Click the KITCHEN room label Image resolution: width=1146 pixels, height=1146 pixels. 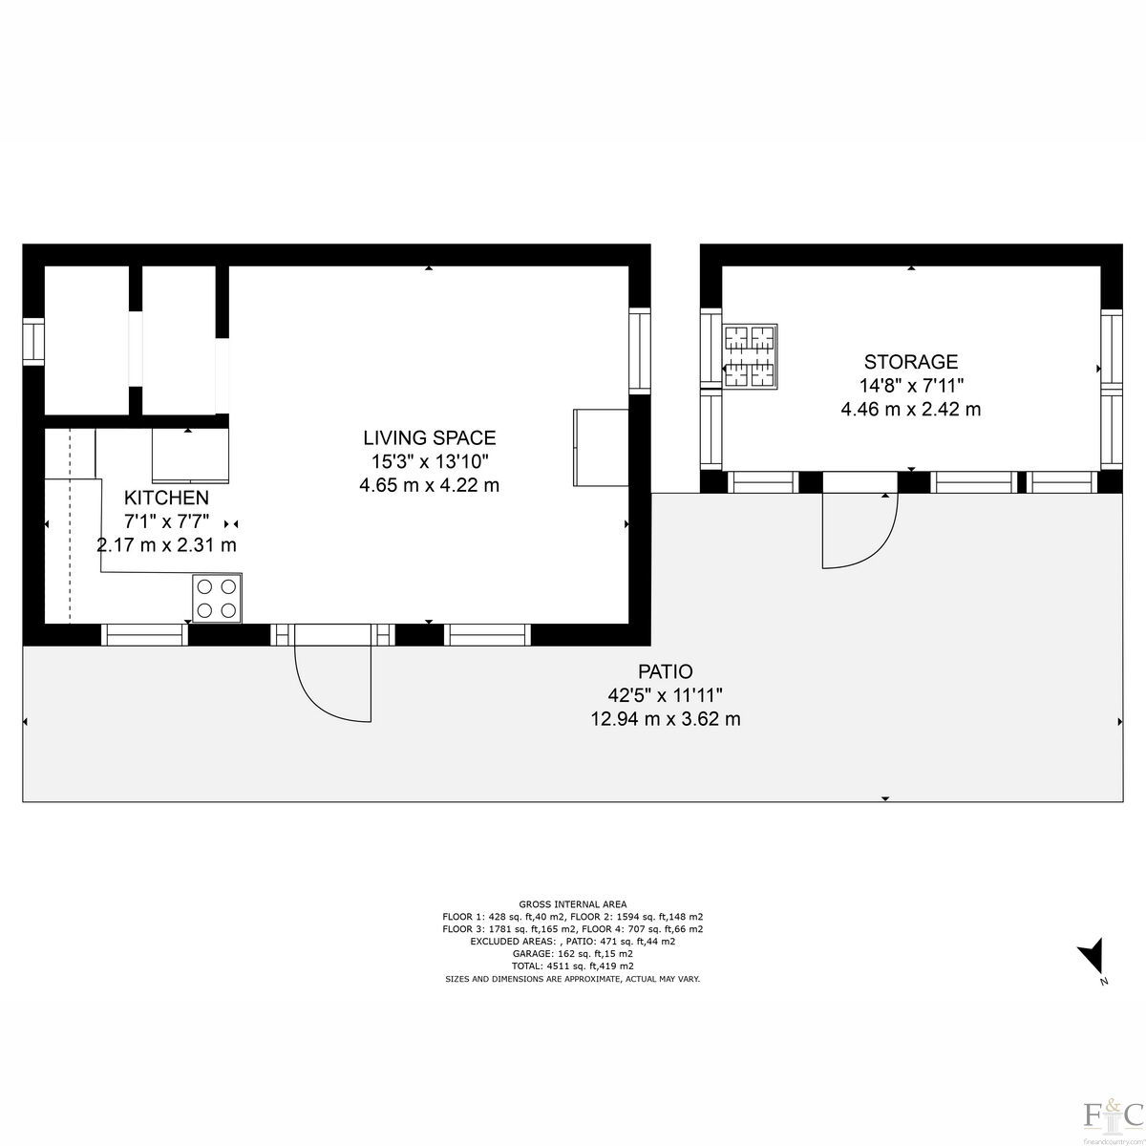[x=166, y=498]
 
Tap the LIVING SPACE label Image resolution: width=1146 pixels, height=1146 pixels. [x=429, y=438]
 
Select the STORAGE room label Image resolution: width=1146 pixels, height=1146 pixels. [x=910, y=362]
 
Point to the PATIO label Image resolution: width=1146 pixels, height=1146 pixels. [x=665, y=671]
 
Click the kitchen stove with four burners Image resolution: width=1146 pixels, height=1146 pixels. [x=217, y=598]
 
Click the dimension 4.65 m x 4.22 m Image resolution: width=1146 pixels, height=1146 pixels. [x=429, y=485]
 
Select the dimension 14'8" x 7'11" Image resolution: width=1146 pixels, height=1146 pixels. [x=910, y=386]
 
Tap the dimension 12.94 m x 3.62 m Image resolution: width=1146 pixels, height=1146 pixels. [x=665, y=718]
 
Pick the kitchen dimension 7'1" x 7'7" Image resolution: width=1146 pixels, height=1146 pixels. [x=166, y=521]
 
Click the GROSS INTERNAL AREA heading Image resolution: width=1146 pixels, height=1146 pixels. [x=573, y=903]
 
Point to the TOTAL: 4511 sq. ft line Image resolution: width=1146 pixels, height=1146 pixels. [x=573, y=966]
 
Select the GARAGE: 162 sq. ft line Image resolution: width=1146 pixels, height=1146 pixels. [x=573, y=953]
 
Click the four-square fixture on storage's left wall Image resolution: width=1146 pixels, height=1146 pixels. [x=750, y=357]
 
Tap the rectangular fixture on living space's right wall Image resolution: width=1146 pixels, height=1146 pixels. [x=600, y=447]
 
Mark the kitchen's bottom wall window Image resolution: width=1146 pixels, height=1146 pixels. [x=145, y=634]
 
